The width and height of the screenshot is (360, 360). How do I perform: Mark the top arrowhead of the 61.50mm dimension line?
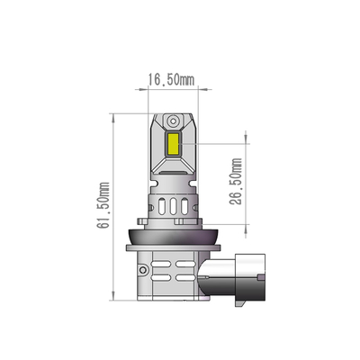[112, 116]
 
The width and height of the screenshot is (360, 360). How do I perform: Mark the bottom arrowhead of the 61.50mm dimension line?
[112, 296]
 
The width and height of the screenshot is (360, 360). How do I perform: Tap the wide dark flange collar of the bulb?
[171, 238]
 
